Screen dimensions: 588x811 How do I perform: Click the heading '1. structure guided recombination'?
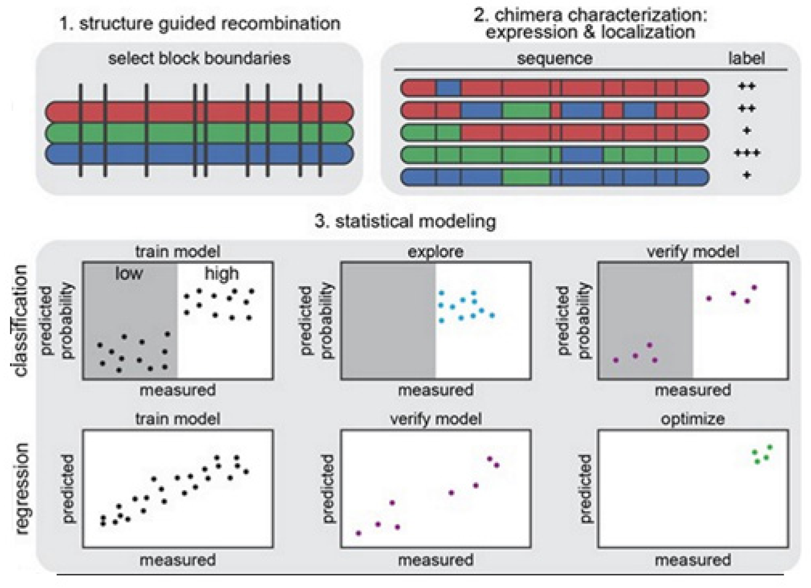(x=199, y=24)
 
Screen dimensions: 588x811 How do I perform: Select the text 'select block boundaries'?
(x=199, y=58)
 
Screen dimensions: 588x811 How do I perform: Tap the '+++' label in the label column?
(x=747, y=154)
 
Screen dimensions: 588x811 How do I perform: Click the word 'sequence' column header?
(x=554, y=58)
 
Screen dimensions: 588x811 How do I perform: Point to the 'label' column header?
(x=746, y=58)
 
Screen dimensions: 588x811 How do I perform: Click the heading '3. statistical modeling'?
(x=405, y=221)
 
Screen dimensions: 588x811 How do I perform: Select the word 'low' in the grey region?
(x=129, y=274)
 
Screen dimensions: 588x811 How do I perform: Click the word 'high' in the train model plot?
(x=221, y=274)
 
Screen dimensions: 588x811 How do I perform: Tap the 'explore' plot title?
(x=435, y=252)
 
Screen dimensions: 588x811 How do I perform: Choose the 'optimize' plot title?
(x=693, y=419)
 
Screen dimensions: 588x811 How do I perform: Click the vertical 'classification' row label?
(x=20, y=321)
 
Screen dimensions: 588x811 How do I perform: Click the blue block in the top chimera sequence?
(x=448, y=87)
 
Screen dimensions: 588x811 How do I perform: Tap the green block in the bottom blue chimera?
(x=525, y=177)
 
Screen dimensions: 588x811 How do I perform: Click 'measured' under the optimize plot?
(x=693, y=560)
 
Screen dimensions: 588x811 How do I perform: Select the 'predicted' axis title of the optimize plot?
(x=585, y=488)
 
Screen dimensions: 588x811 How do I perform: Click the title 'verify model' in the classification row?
(x=693, y=252)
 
